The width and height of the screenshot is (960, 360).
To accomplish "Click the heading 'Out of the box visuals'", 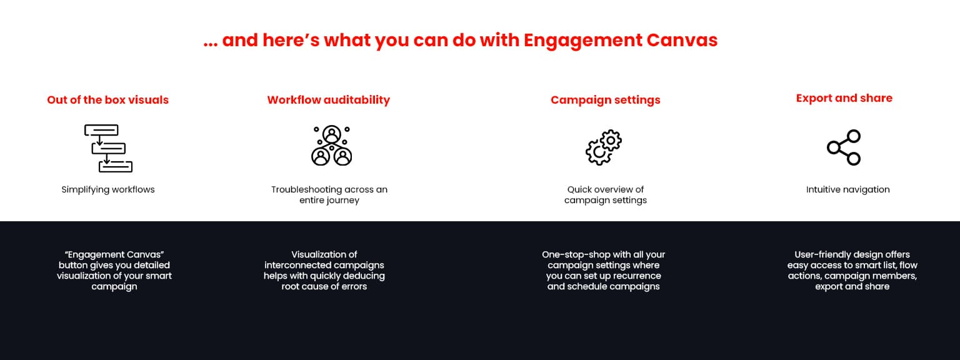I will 107,100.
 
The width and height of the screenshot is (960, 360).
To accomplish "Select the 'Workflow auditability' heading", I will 328,100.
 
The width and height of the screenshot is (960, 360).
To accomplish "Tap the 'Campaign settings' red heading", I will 605,100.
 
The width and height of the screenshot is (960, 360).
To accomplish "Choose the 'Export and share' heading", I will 844,98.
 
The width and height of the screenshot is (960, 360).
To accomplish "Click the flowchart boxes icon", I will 107,148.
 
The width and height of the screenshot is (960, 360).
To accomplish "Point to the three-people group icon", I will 331,146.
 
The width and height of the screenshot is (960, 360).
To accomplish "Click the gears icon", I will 604,147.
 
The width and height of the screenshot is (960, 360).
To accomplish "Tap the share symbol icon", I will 844,147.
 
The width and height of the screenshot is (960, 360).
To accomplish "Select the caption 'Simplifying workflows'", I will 107,189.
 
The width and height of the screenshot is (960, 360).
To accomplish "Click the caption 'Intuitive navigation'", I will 847,189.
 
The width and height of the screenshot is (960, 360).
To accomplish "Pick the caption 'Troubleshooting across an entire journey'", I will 329,195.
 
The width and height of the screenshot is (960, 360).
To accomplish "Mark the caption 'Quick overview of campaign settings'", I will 605,195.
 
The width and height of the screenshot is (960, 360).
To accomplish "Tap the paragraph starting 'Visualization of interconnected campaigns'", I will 324,271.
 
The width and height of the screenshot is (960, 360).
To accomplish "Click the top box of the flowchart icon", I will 101,130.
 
